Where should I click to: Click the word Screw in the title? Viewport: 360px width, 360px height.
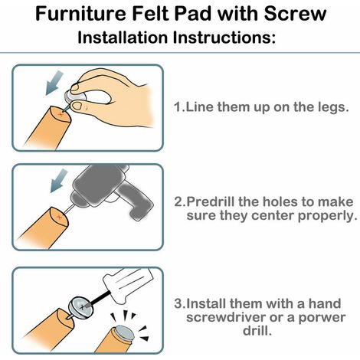(295, 14)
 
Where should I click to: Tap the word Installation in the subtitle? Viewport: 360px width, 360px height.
(123, 38)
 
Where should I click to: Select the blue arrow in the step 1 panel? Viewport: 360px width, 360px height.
(54, 83)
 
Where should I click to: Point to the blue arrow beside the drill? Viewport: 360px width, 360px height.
(59, 181)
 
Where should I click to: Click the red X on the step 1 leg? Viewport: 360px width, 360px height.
(61, 115)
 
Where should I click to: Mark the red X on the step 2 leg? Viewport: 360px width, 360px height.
(59, 218)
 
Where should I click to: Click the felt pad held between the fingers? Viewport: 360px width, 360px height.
(76, 96)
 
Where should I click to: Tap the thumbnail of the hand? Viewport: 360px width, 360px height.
(76, 106)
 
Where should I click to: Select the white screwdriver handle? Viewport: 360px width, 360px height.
(128, 283)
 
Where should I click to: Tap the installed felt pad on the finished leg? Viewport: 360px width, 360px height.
(124, 332)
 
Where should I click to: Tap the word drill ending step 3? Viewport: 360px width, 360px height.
(257, 331)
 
